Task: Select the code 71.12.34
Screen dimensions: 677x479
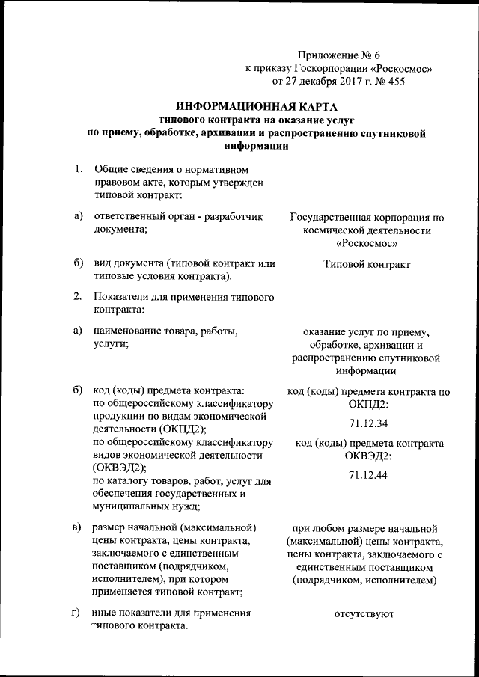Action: coord(367,423)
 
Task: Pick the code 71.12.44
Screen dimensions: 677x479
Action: coord(367,475)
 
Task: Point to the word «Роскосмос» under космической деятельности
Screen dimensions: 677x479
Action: coord(367,244)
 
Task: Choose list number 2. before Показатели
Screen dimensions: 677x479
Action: coord(78,297)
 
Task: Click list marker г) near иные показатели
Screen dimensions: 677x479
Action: coord(76,614)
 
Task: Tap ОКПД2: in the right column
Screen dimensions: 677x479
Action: coord(367,404)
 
